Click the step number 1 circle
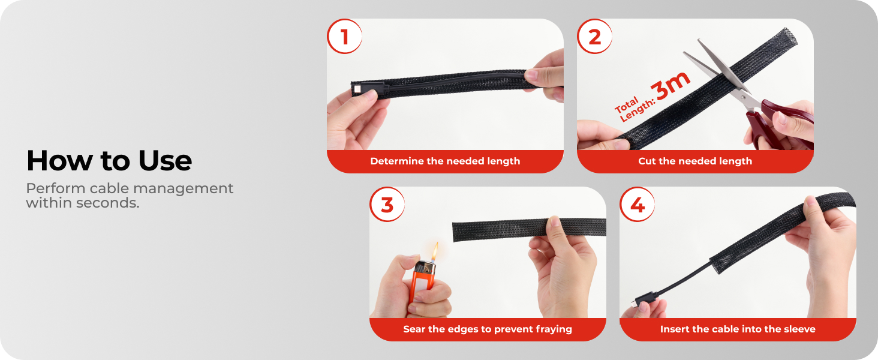pos(344,37)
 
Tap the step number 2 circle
pos(594,37)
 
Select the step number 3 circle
pos(387,205)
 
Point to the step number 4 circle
pos(637,205)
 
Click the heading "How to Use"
pos(109,160)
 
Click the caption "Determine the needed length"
pos(445,161)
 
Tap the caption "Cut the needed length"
pos(695,161)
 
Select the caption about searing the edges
pos(488,329)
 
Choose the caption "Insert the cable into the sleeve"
pos(738,329)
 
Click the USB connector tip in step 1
pos(357,89)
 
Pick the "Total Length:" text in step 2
pos(634,108)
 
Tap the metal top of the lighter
pos(426,268)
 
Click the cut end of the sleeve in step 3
pos(455,232)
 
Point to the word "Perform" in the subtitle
pos(56,188)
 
